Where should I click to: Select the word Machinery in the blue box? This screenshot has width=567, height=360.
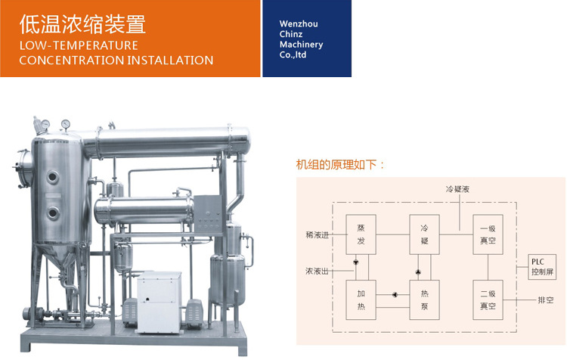click(301, 45)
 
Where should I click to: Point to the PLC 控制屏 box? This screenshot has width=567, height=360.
click(542, 267)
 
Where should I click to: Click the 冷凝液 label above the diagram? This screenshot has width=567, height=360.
click(457, 188)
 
